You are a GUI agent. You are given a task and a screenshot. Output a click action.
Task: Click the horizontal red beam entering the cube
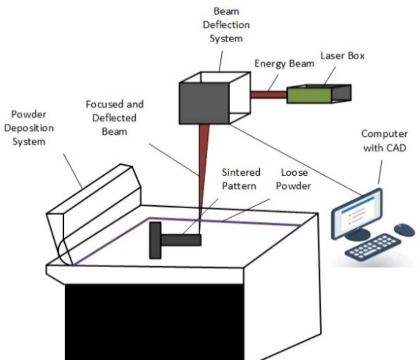coord(268,95)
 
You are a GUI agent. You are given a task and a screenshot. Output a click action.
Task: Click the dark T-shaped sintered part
coord(171,240)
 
